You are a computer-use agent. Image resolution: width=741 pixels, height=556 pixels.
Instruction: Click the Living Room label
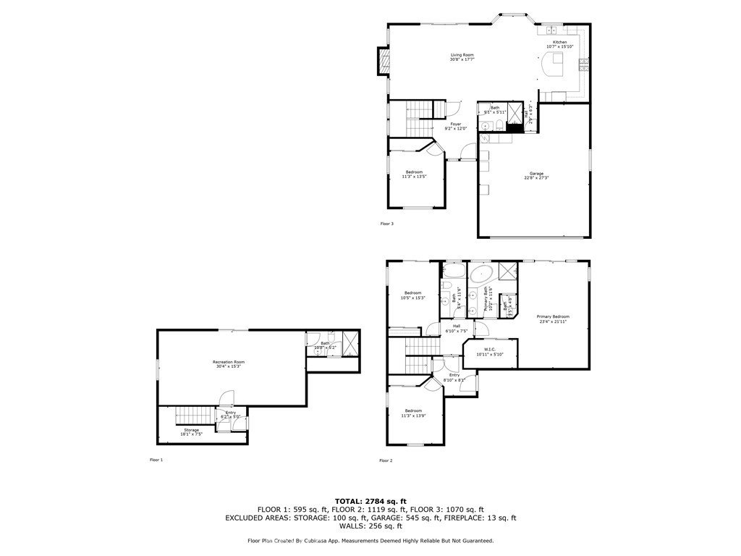pos(462,57)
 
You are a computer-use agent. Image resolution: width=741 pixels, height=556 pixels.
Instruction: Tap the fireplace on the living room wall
pos(382,62)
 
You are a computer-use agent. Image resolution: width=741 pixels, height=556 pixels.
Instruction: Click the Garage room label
pos(536,175)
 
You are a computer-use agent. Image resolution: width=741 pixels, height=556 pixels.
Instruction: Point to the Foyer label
pos(455,126)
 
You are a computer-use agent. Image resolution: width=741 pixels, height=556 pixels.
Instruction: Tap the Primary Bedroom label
pos(553,319)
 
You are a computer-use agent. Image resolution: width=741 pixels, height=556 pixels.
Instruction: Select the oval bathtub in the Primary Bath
pos(481,274)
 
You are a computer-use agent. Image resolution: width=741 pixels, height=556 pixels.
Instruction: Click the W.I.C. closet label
pos(484,351)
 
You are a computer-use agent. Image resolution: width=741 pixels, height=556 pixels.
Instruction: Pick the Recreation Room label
pos(229,363)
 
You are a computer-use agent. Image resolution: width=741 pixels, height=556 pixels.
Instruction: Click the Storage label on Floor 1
pos(191,431)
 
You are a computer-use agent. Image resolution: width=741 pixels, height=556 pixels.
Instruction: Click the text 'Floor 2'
pos(386,460)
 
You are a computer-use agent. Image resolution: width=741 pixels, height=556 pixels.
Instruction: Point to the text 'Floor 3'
pos(387,224)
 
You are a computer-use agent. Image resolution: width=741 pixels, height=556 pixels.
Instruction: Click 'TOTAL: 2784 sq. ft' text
pos(370,501)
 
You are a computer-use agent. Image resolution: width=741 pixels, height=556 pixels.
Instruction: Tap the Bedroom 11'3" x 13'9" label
pos(413,413)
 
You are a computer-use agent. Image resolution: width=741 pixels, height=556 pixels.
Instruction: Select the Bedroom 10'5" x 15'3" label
pos(412,295)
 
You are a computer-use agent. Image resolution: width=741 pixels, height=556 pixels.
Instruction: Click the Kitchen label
pos(560,45)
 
